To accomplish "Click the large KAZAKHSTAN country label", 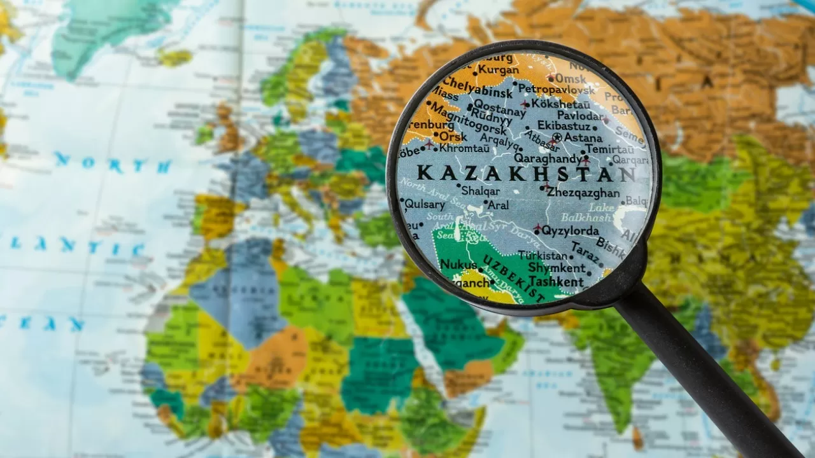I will coord(526,173).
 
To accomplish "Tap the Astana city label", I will coord(583,137).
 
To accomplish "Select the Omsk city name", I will coord(570,78).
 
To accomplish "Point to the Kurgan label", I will coord(498,70).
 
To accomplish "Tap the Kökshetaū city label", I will coord(560,103).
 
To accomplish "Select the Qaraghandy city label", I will coord(547,158).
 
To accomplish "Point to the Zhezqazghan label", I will coord(583,193).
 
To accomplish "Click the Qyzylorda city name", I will coord(570,230).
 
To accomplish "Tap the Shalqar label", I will coord(481,191).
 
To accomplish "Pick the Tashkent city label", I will coord(556,281).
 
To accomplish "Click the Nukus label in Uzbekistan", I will coord(458,264).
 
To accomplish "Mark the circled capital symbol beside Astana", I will coord(557,137).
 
